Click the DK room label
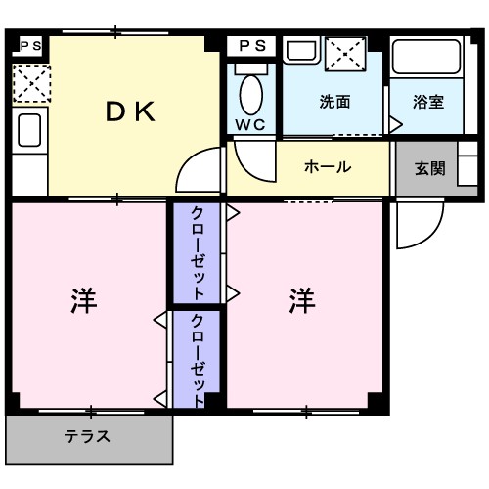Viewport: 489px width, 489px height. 130,111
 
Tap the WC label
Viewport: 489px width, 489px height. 251,125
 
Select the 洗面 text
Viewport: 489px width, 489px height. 334,102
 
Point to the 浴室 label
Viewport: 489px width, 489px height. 428,102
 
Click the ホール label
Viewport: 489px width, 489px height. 328,167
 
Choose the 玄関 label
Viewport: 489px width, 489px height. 429,167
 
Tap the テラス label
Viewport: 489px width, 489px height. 87,437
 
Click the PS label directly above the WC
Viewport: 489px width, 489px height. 252,45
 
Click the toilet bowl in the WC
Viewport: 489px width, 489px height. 251,92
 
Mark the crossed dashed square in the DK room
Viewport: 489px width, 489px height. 30,84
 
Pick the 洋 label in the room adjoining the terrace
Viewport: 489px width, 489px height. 82,301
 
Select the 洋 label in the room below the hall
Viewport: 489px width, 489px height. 301,301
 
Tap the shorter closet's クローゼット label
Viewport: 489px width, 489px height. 199,358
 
